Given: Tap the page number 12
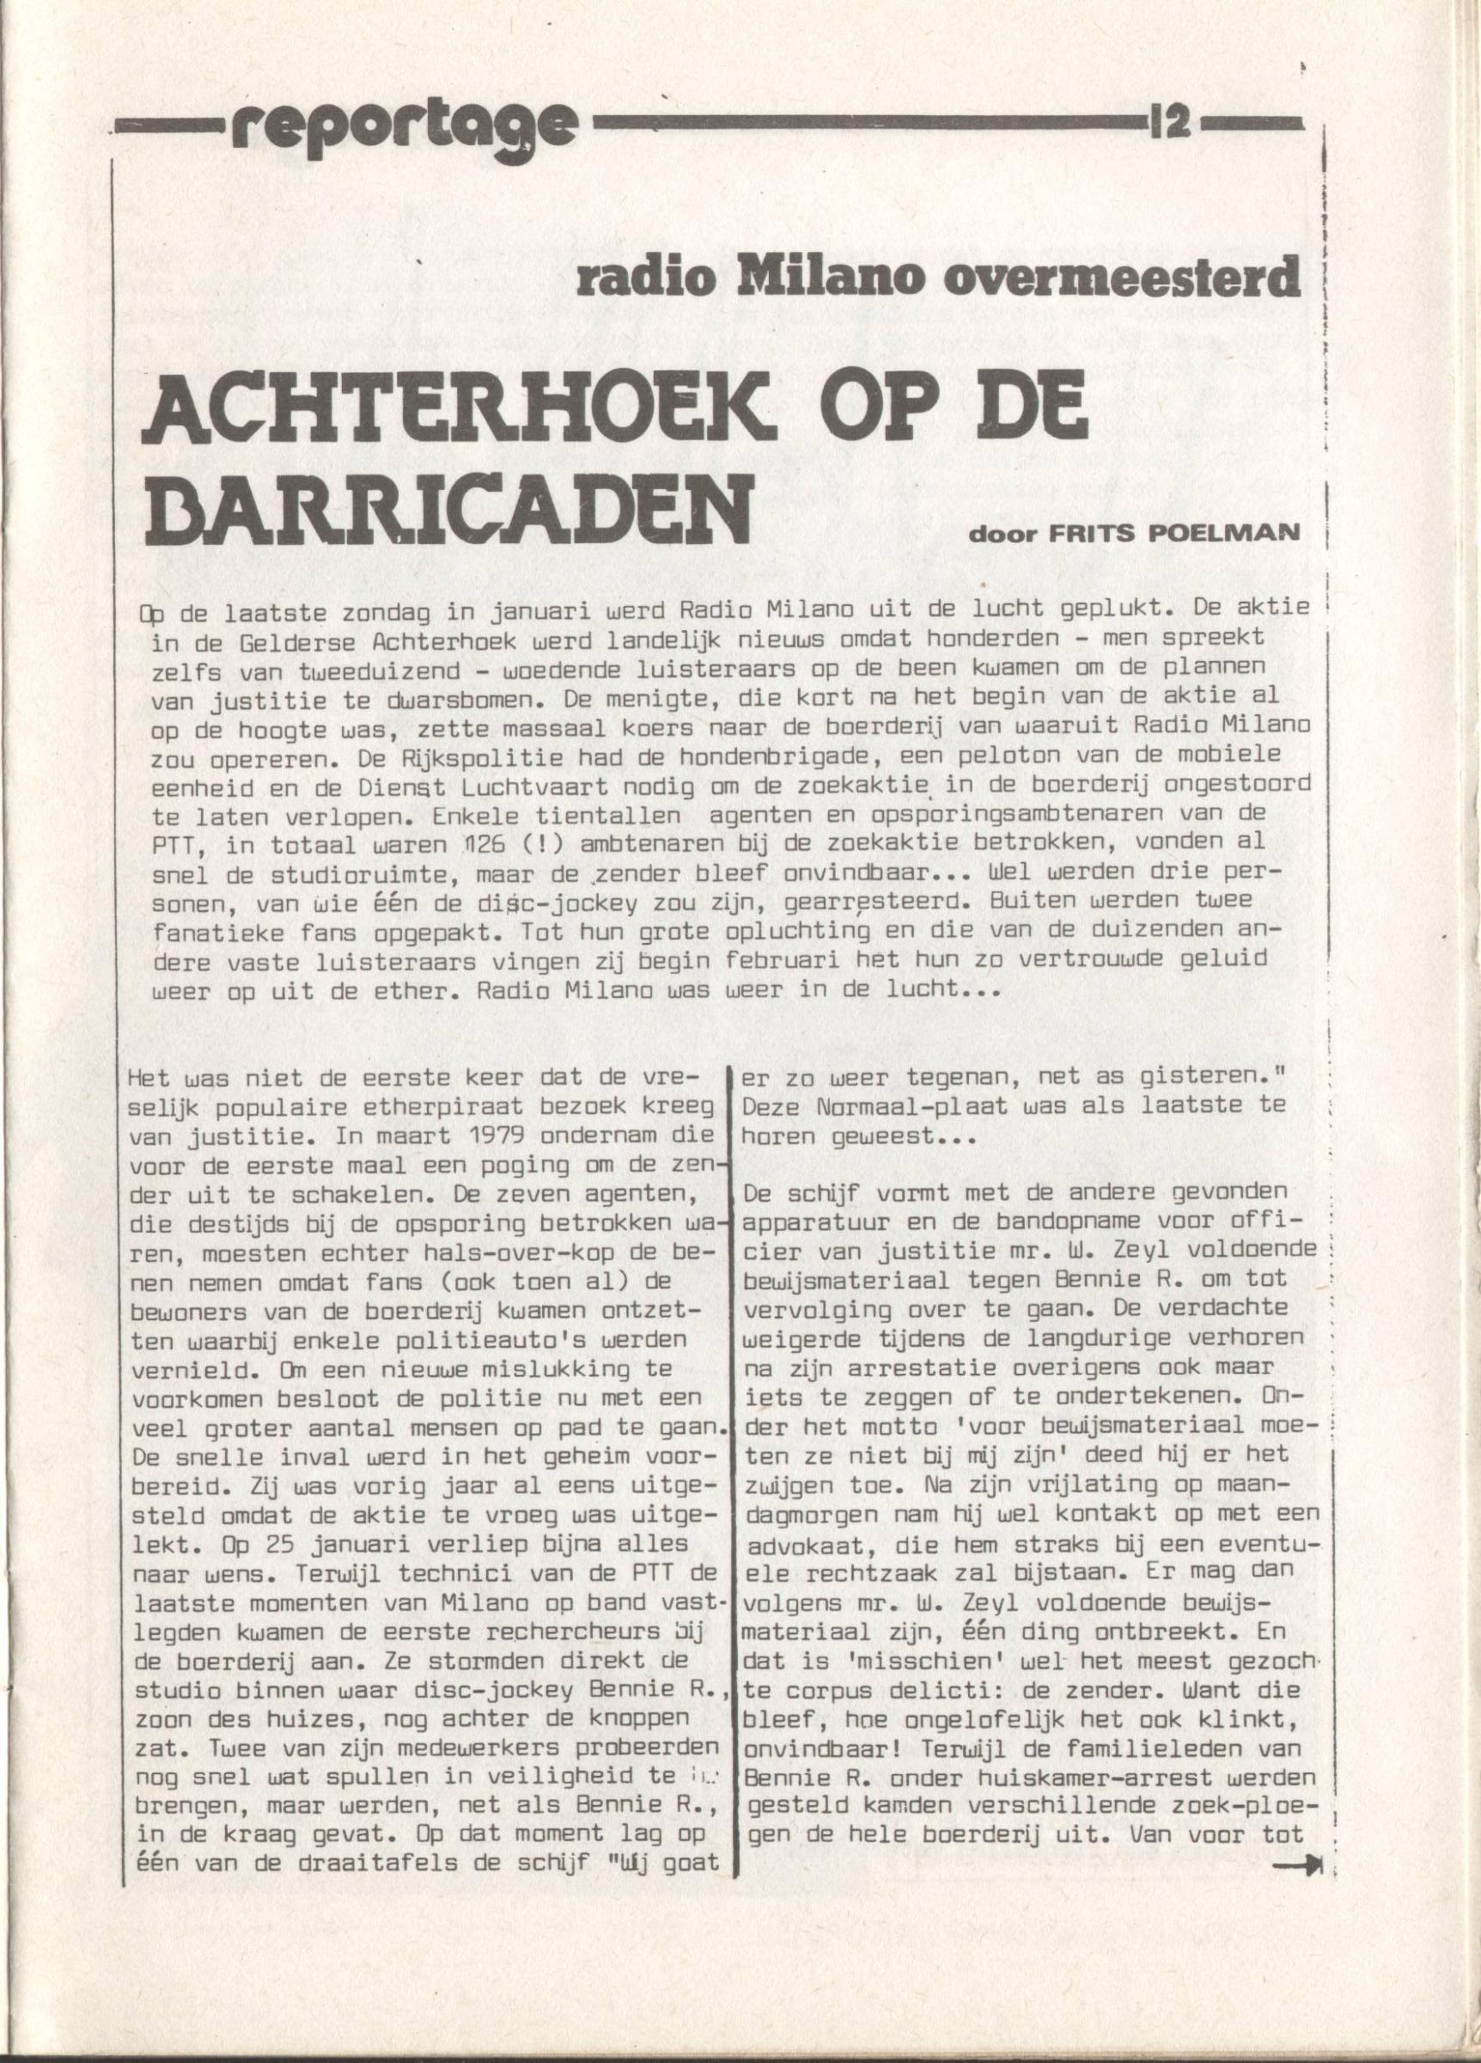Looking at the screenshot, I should [1174, 122].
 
